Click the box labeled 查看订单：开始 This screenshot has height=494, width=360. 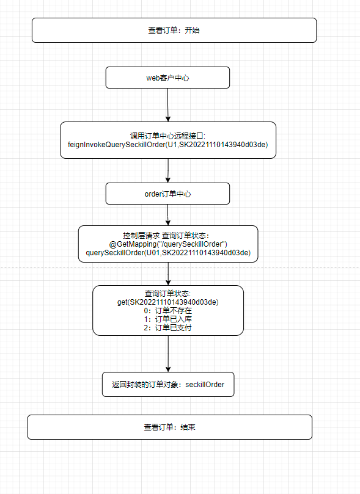[174, 31]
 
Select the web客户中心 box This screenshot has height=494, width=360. [167, 78]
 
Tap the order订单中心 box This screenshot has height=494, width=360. [167, 194]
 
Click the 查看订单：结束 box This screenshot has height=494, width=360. [169, 427]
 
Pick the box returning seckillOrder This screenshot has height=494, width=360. [168, 384]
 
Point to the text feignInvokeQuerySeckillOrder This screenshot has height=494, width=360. [117, 145]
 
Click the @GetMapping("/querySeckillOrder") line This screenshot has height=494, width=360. [168, 244]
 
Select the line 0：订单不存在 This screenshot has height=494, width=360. [167, 311]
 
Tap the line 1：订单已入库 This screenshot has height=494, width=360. [167, 319]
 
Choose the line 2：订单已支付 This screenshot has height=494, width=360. [167, 328]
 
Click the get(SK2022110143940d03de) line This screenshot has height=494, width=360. [167, 302]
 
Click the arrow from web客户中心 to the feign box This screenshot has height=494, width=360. [167, 105]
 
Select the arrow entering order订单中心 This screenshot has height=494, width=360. [168, 170]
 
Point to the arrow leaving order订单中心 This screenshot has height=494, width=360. [168, 215]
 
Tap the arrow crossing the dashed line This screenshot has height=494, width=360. [168, 274]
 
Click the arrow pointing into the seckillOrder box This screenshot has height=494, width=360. [168, 354]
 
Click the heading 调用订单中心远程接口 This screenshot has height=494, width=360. [167, 136]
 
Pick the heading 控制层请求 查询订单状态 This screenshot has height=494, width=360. [166, 236]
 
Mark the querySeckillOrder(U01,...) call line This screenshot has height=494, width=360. [168, 253]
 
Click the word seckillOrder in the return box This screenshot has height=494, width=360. [205, 384]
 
